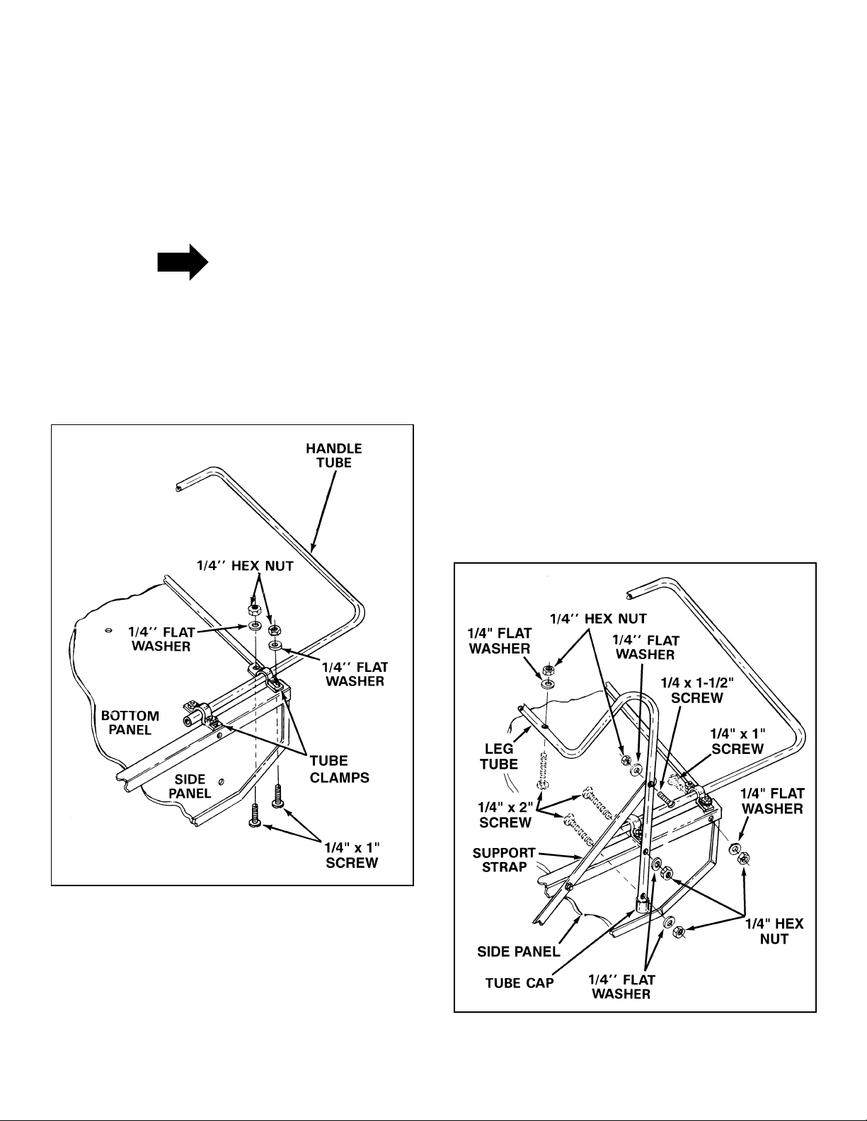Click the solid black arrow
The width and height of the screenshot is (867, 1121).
pyautogui.click(x=183, y=262)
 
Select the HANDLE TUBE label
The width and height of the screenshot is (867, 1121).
pyautogui.click(x=334, y=455)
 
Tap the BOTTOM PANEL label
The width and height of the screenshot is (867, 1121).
pyautogui.click(x=130, y=723)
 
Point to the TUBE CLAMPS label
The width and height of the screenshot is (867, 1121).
pyautogui.click(x=340, y=769)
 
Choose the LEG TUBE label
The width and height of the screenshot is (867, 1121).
pyautogui.click(x=499, y=756)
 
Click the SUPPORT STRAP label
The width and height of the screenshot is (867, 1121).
pyautogui.click(x=504, y=860)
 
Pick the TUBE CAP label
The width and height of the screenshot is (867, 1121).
pyautogui.click(x=519, y=983)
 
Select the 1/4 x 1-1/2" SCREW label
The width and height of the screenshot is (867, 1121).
pyautogui.click(x=697, y=690)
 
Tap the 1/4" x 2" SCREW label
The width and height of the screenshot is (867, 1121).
pyautogui.click(x=505, y=815)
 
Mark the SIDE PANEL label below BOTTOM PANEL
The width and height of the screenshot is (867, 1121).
pyautogui.click(x=190, y=786)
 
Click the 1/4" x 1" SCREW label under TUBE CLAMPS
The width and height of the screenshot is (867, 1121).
pyautogui.click(x=352, y=855)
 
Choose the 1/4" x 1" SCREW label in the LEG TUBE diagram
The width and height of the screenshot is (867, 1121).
pyautogui.click(x=738, y=740)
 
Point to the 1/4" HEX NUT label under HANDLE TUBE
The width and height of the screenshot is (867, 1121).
pyautogui.click(x=245, y=566)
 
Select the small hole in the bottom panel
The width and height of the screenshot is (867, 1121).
pyautogui.click(x=108, y=630)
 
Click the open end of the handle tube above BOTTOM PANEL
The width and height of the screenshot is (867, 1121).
pyautogui.click(x=178, y=487)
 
